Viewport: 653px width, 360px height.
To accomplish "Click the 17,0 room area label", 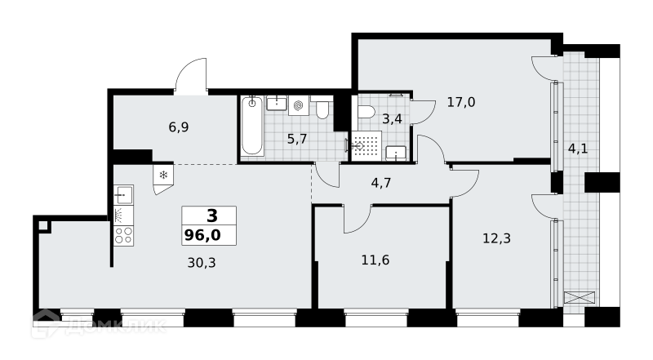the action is [461, 102].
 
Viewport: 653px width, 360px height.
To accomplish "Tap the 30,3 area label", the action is [202, 263].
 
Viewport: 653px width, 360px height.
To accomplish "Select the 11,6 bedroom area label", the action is [375, 260].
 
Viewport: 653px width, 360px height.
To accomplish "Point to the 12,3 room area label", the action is [496, 238].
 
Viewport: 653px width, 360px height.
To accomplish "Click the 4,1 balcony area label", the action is [578, 149].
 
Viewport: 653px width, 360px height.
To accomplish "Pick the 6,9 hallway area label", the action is [179, 127].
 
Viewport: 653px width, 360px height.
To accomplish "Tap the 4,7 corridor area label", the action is [380, 183].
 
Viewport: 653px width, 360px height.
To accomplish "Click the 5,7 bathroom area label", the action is [297, 139].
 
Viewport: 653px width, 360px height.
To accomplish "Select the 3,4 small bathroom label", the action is [392, 119].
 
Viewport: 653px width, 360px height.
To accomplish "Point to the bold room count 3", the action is [212, 216].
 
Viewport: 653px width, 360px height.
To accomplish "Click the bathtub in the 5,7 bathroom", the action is [252, 126].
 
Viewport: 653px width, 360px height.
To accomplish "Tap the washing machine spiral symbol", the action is [298, 105].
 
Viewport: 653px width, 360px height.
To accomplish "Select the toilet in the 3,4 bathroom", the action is [366, 112].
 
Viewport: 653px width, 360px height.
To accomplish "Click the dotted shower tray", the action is [366, 145].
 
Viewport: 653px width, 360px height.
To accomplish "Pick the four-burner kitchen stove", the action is [124, 235].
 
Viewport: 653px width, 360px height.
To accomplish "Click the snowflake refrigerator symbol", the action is [163, 175].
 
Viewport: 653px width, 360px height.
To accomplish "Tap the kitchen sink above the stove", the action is [124, 194].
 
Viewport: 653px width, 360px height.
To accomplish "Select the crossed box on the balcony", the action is [580, 298].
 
